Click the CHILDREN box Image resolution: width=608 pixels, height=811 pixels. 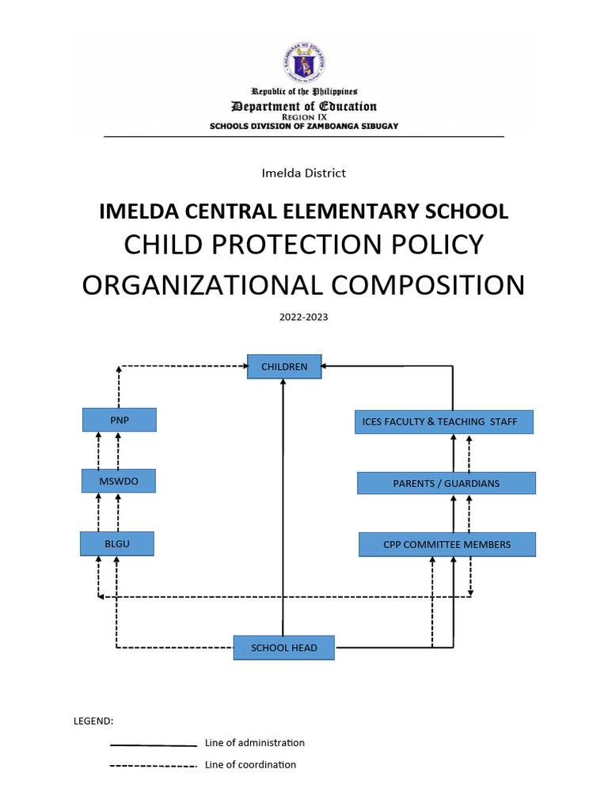point(284,367)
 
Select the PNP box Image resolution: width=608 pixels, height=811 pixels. point(119,420)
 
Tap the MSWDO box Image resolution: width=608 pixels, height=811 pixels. point(119,481)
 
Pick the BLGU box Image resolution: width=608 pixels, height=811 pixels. point(116,543)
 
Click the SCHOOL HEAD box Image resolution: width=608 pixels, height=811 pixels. point(283,648)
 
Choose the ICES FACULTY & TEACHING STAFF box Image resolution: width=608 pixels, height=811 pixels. point(443,422)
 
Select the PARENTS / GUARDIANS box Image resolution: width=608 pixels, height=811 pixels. point(446,483)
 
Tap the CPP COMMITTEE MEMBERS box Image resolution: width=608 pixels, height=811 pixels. point(446,544)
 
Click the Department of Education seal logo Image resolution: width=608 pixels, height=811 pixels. point(304,63)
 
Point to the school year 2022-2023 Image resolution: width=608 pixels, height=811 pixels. point(303,317)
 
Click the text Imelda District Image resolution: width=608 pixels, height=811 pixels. point(303,173)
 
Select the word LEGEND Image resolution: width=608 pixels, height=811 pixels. point(93,721)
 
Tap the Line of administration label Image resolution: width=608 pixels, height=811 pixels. point(254,743)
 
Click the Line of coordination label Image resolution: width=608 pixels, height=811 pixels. point(250,765)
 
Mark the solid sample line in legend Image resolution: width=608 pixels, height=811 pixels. point(153,745)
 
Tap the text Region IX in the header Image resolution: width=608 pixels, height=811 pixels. point(303,116)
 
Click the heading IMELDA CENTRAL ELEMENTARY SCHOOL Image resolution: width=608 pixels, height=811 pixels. point(303,211)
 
